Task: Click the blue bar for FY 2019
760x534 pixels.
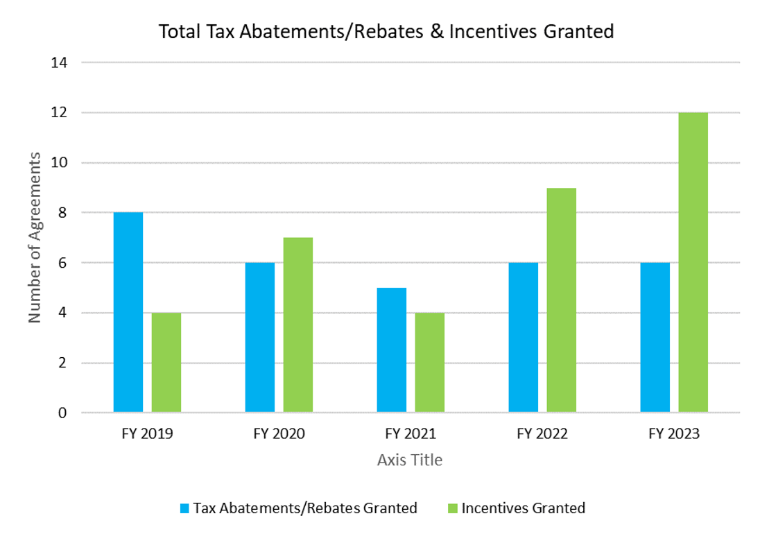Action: click(x=128, y=313)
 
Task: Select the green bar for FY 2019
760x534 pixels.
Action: click(x=166, y=363)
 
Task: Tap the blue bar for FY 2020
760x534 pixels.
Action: click(x=260, y=338)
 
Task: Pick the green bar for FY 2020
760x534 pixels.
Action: click(x=298, y=325)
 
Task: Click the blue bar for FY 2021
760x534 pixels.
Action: click(x=392, y=350)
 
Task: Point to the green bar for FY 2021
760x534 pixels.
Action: click(x=430, y=363)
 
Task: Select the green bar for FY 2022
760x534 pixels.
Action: click(x=561, y=300)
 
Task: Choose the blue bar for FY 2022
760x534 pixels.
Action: click(x=523, y=338)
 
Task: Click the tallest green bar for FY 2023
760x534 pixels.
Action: click(x=693, y=263)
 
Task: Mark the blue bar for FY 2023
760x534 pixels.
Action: click(x=655, y=338)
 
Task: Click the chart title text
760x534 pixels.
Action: click(x=386, y=32)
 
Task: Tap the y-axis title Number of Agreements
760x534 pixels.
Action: click(x=35, y=238)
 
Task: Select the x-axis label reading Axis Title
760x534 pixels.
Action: click(x=410, y=460)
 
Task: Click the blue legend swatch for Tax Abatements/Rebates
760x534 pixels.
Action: click(x=184, y=508)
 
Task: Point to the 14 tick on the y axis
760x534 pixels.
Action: click(x=60, y=62)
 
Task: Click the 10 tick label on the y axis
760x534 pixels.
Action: click(x=60, y=163)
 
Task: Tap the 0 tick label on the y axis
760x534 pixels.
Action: click(x=63, y=413)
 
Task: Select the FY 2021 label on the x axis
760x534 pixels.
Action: click(x=411, y=434)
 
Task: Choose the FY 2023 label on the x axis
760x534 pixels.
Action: click(x=674, y=434)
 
